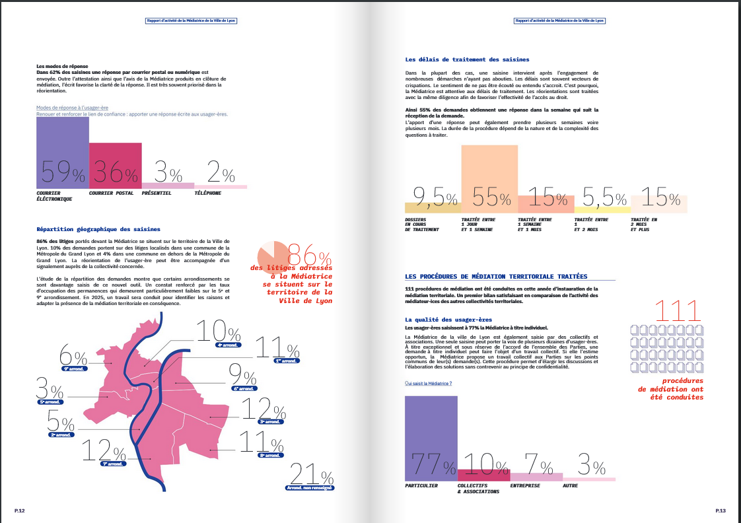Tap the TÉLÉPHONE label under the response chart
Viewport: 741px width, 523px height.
tap(207, 193)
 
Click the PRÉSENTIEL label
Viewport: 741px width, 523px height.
tap(157, 193)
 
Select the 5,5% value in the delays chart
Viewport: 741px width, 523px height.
tap(604, 196)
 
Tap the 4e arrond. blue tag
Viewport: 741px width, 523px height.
tap(229, 345)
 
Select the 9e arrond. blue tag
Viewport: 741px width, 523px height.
tap(74, 368)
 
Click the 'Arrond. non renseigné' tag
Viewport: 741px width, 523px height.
tap(310, 488)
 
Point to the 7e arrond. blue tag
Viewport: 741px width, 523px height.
tap(113, 464)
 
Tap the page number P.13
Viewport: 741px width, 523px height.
tap(721, 511)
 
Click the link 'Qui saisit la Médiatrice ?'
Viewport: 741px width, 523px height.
tap(428, 384)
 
